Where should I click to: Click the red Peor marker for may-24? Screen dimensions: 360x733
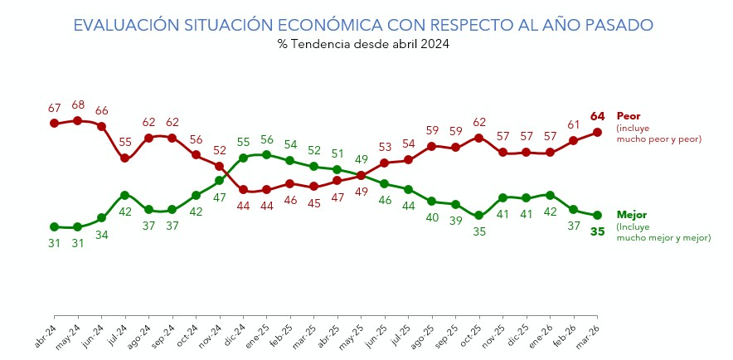pyautogui.click(x=77, y=120)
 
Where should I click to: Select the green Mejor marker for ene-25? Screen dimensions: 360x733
pyautogui.click(x=266, y=154)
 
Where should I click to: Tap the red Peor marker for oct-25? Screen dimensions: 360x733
pyautogui.click(x=479, y=137)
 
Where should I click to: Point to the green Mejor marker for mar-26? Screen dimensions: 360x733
pyautogui.click(x=597, y=215)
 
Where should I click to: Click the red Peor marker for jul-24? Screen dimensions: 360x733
pyautogui.click(x=124, y=158)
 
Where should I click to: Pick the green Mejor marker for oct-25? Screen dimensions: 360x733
pyautogui.click(x=479, y=216)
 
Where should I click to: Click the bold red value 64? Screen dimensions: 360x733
pyautogui.click(x=598, y=116)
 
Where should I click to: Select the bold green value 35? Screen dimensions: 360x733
pyautogui.click(x=598, y=231)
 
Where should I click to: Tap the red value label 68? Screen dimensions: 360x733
pyautogui.click(x=78, y=105)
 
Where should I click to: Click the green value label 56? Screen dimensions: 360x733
pyautogui.click(x=267, y=139)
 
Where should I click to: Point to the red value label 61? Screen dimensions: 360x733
pyautogui.click(x=574, y=124)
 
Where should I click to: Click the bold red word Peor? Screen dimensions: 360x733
pyautogui.click(x=629, y=117)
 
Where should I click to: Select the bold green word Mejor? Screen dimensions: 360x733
pyautogui.click(x=632, y=215)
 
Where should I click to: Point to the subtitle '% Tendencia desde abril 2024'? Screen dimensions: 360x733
pyautogui.click(x=363, y=45)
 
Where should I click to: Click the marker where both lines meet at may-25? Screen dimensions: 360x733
pyautogui.click(x=361, y=176)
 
